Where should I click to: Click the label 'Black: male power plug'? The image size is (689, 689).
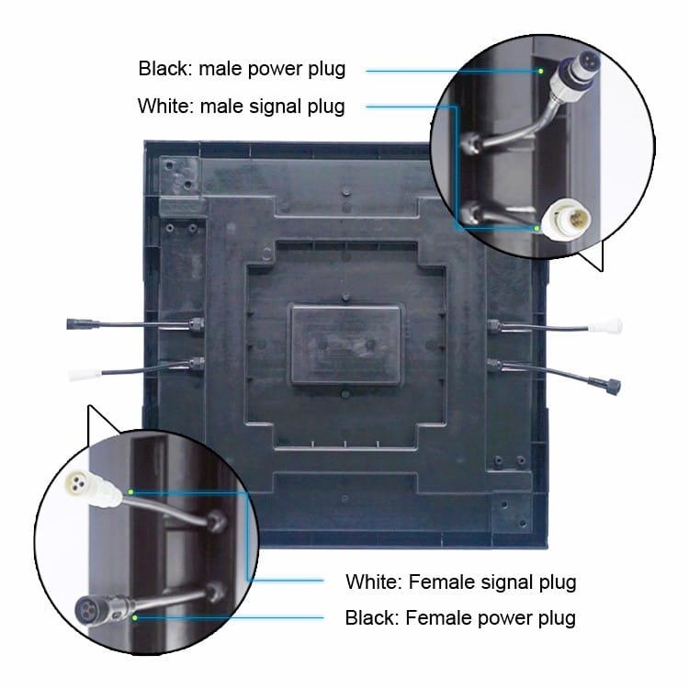click(x=242, y=69)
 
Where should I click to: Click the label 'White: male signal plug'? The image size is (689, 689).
click(x=242, y=107)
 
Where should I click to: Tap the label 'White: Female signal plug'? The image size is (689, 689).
click(x=461, y=582)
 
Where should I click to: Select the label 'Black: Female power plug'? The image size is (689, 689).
click(x=460, y=618)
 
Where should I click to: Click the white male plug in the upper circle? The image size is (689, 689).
click(x=566, y=219)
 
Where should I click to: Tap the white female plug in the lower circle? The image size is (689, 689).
click(x=93, y=489)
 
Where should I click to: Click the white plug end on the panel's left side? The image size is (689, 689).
click(x=85, y=375)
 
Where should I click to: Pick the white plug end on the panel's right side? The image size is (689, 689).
click(x=605, y=326)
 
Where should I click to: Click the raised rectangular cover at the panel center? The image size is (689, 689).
click(x=345, y=344)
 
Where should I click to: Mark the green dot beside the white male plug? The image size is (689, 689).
click(x=537, y=229)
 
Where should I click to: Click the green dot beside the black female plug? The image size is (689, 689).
click(x=135, y=617)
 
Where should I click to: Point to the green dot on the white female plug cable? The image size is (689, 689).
click(x=130, y=491)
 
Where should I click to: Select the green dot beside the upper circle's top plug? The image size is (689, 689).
click(x=541, y=71)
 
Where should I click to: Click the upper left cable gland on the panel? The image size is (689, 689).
click(x=197, y=325)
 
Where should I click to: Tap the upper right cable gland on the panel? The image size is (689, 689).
click(x=494, y=326)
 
